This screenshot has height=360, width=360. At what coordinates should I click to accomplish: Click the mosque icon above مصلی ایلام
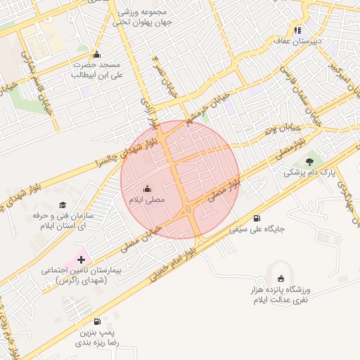[x=147, y=188]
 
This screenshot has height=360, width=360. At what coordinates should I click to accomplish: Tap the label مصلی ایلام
[x=146, y=200]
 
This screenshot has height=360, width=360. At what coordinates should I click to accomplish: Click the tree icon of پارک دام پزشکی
[x=309, y=162]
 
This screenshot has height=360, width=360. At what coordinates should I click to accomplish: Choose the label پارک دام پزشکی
[x=310, y=173]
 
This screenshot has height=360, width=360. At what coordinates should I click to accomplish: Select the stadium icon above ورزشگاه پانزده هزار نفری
[x=282, y=279]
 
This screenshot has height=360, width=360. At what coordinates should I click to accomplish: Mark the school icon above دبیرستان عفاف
[x=297, y=30]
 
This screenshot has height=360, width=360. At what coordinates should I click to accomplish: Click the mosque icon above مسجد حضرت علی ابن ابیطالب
[x=97, y=55]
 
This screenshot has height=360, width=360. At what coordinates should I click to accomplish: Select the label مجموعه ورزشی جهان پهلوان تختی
[x=141, y=17]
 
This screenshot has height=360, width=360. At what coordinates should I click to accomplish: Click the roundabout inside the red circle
[x=189, y=210]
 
